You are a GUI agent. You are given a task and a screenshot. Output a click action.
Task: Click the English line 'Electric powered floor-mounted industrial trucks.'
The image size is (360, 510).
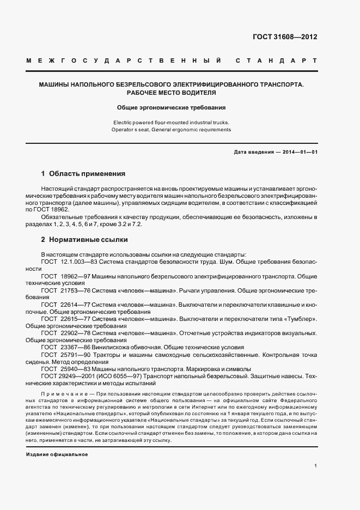click(172, 122)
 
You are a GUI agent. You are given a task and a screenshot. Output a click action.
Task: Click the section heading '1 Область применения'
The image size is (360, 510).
click(83, 174)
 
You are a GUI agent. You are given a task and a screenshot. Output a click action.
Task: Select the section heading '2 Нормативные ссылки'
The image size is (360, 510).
click(84, 239)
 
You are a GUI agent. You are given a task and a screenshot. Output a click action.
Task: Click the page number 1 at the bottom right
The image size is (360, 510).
click(316, 466)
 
